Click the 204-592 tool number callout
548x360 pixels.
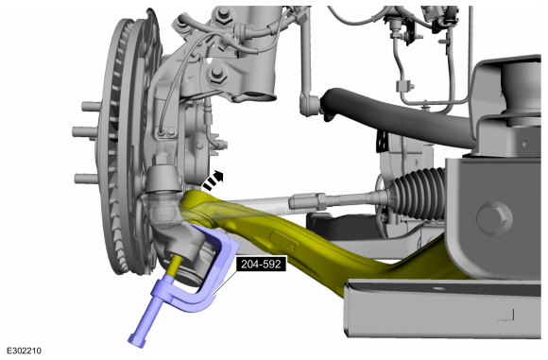coord(261,264)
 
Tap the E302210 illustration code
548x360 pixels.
coord(25,351)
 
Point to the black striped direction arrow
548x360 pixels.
coord(213,180)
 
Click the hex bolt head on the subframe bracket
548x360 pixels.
coord(494,219)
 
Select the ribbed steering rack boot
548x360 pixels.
coord(415,193)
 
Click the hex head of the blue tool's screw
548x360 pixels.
coord(137,340)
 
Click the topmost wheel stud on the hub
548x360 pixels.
coord(90,106)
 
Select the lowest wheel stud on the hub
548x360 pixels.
coord(86,179)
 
